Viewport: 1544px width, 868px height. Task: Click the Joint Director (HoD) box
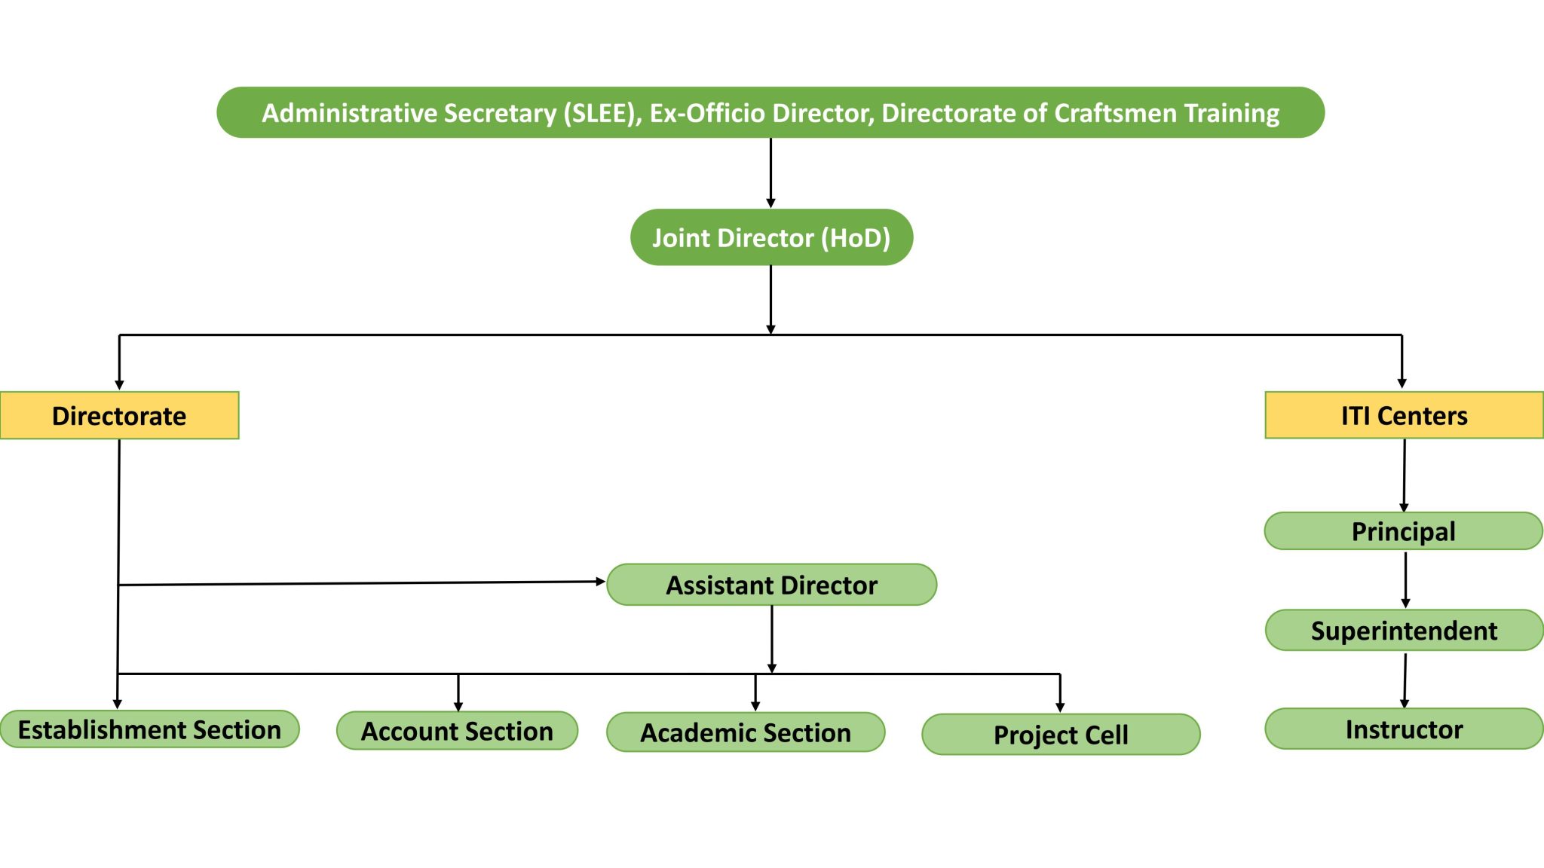[x=771, y=237]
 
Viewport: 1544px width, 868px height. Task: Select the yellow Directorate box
[x=119, y=415]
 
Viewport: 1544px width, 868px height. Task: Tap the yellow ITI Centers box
[x=1404, y=415]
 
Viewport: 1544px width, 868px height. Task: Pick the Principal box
[x=1403, y=531]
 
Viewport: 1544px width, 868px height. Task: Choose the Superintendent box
[x=1404, y=630]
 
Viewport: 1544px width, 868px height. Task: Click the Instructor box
[x=1404, y=729]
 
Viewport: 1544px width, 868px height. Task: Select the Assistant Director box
[x=771, y=585]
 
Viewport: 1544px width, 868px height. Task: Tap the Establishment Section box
[x=149, y=729]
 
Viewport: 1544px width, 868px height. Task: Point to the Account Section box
[x=457, y=731]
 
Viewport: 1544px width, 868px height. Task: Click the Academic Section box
[x=746, y=732]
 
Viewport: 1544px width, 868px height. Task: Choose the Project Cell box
[x=1061, y=735]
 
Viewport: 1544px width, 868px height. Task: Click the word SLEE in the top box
[x=599, y=113]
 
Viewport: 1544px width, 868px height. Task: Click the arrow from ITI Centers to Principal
[x=1404, y=475]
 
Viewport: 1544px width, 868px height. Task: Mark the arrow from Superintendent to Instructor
[x=1405, y=680]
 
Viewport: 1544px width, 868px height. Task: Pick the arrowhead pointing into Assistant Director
[x=600, y=582]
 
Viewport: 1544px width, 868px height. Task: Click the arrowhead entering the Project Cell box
[x=1060, y=707]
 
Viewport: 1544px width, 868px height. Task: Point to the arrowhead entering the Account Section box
[x=458, y=706]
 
